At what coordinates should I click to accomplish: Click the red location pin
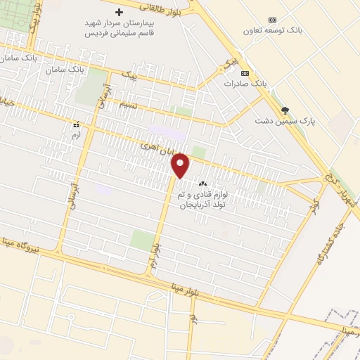pos(181,165)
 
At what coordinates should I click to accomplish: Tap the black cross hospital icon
pos(119,12)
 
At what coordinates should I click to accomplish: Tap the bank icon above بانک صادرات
pos(245,73)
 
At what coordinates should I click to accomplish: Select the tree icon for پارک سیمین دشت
pos(285,110)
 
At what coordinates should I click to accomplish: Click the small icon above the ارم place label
pos(76,124)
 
